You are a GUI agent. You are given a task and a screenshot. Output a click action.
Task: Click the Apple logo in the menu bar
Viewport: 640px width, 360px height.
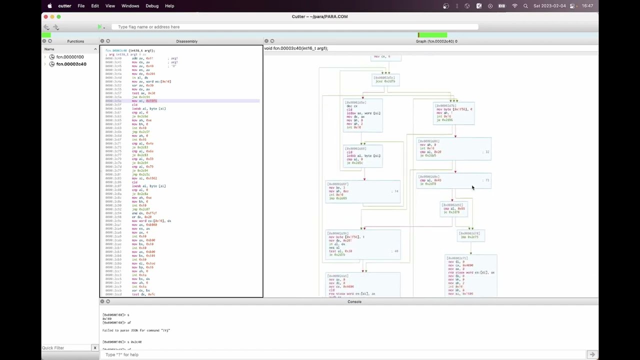[49, 6]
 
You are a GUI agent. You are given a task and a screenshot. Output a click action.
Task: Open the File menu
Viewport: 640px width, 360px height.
[81, 6]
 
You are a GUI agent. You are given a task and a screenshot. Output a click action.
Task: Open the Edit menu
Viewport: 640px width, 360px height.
[95, 6]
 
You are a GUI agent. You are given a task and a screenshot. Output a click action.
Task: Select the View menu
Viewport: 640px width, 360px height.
[110, 6]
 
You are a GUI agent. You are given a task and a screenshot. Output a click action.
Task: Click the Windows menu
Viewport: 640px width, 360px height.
[130, 6]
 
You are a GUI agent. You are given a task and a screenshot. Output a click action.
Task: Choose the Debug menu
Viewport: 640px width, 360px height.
[152, 6]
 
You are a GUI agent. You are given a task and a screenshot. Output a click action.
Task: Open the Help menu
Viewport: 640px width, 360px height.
[169, 6]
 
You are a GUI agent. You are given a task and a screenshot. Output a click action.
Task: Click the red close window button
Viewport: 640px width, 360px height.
[45, 16]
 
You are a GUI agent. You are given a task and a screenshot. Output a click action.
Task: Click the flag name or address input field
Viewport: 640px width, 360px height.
[295, 27]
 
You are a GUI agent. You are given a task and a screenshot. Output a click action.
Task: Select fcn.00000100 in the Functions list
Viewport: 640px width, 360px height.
[70, 57]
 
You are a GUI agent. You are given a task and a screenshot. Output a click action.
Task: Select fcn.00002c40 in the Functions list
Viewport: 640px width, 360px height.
[71, 64]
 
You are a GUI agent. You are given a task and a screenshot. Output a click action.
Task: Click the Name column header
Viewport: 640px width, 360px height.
[49, 49]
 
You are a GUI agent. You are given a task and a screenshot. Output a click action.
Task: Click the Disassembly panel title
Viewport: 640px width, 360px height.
[186, 41]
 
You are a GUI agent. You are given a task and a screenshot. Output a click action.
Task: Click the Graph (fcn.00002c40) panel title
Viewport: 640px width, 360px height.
[436, 41]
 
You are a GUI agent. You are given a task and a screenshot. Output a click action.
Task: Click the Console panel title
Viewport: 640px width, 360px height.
[354, 301]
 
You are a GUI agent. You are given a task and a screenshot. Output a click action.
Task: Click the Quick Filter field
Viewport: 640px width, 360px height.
[66, 347]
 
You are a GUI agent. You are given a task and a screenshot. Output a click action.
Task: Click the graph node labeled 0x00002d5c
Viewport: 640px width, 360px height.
[385, 79]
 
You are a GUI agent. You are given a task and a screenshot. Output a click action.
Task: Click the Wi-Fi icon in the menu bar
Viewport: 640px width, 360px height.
[514, 6]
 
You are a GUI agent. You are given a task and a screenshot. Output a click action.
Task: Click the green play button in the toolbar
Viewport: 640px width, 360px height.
[99, 27]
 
